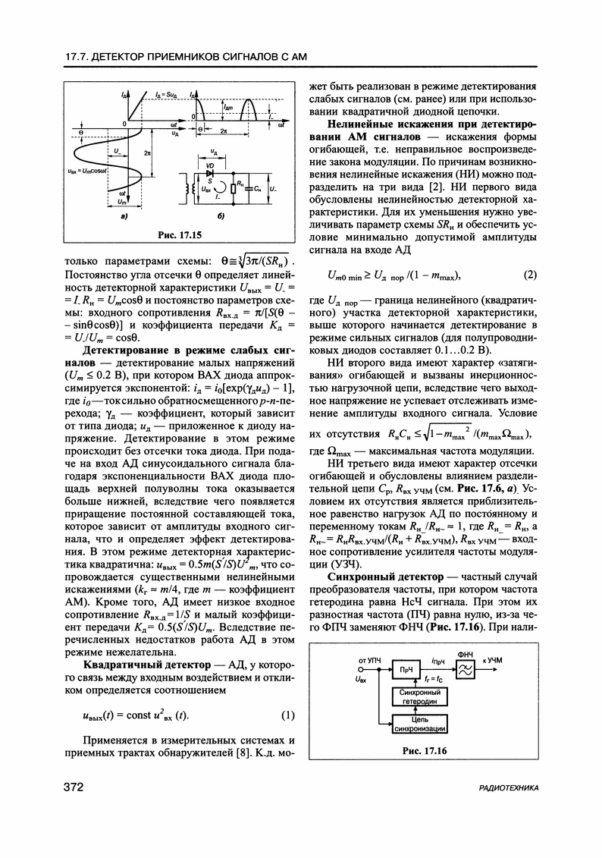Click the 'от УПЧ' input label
[368, 661]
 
